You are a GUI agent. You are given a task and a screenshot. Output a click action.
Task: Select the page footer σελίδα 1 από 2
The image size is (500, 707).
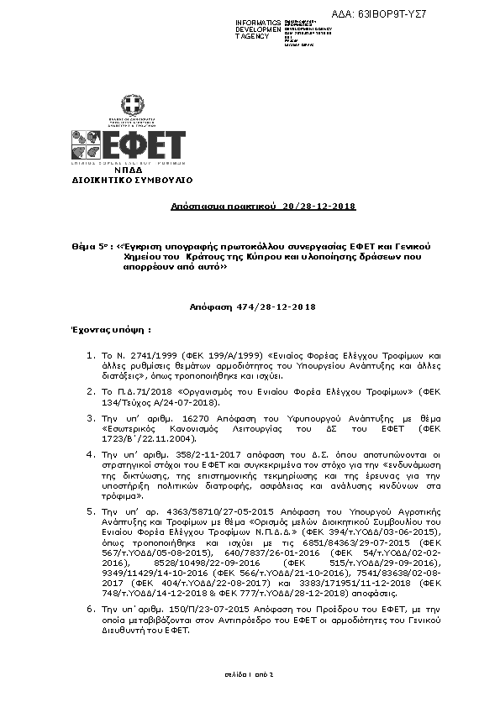click(x=250, y=674)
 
